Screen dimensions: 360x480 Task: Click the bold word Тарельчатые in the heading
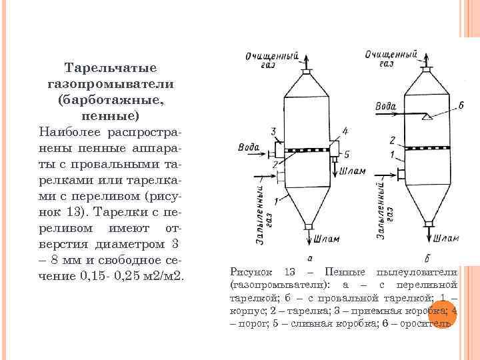click(111, 68)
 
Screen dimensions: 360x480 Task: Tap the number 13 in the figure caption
click(289, 272)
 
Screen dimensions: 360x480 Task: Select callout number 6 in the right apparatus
click(461, 107)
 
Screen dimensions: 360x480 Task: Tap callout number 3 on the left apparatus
click(274, 130)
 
